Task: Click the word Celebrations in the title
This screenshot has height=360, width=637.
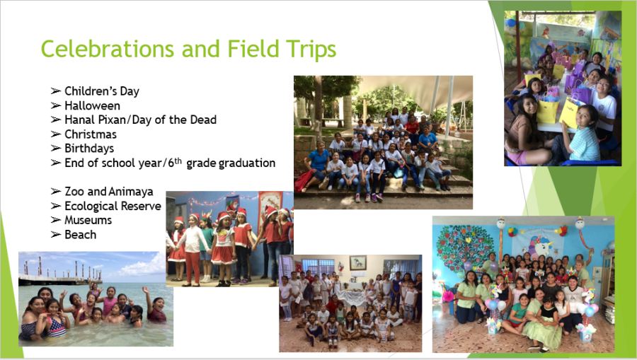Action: tap(108, 49)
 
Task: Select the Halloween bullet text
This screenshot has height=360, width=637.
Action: tap(92, 105)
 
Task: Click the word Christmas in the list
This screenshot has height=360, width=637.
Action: tap(91, 134)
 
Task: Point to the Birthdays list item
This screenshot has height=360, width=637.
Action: tap(89, 149)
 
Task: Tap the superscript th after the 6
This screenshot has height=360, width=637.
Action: tap(178, 161)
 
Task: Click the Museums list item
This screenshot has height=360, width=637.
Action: tap(88, 220)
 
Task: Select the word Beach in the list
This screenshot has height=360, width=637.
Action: tap(81, 235)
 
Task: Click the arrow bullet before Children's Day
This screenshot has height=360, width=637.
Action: tap(56, 91)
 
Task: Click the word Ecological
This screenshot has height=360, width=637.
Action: tap(91, 206)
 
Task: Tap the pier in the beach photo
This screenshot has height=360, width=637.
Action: tap(60, 275)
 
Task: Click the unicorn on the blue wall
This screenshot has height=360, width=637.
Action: tap(540, 247)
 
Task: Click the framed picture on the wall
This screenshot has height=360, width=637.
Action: tap(358, 262)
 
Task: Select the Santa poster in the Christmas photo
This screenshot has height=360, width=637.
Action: tap(232, 205)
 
